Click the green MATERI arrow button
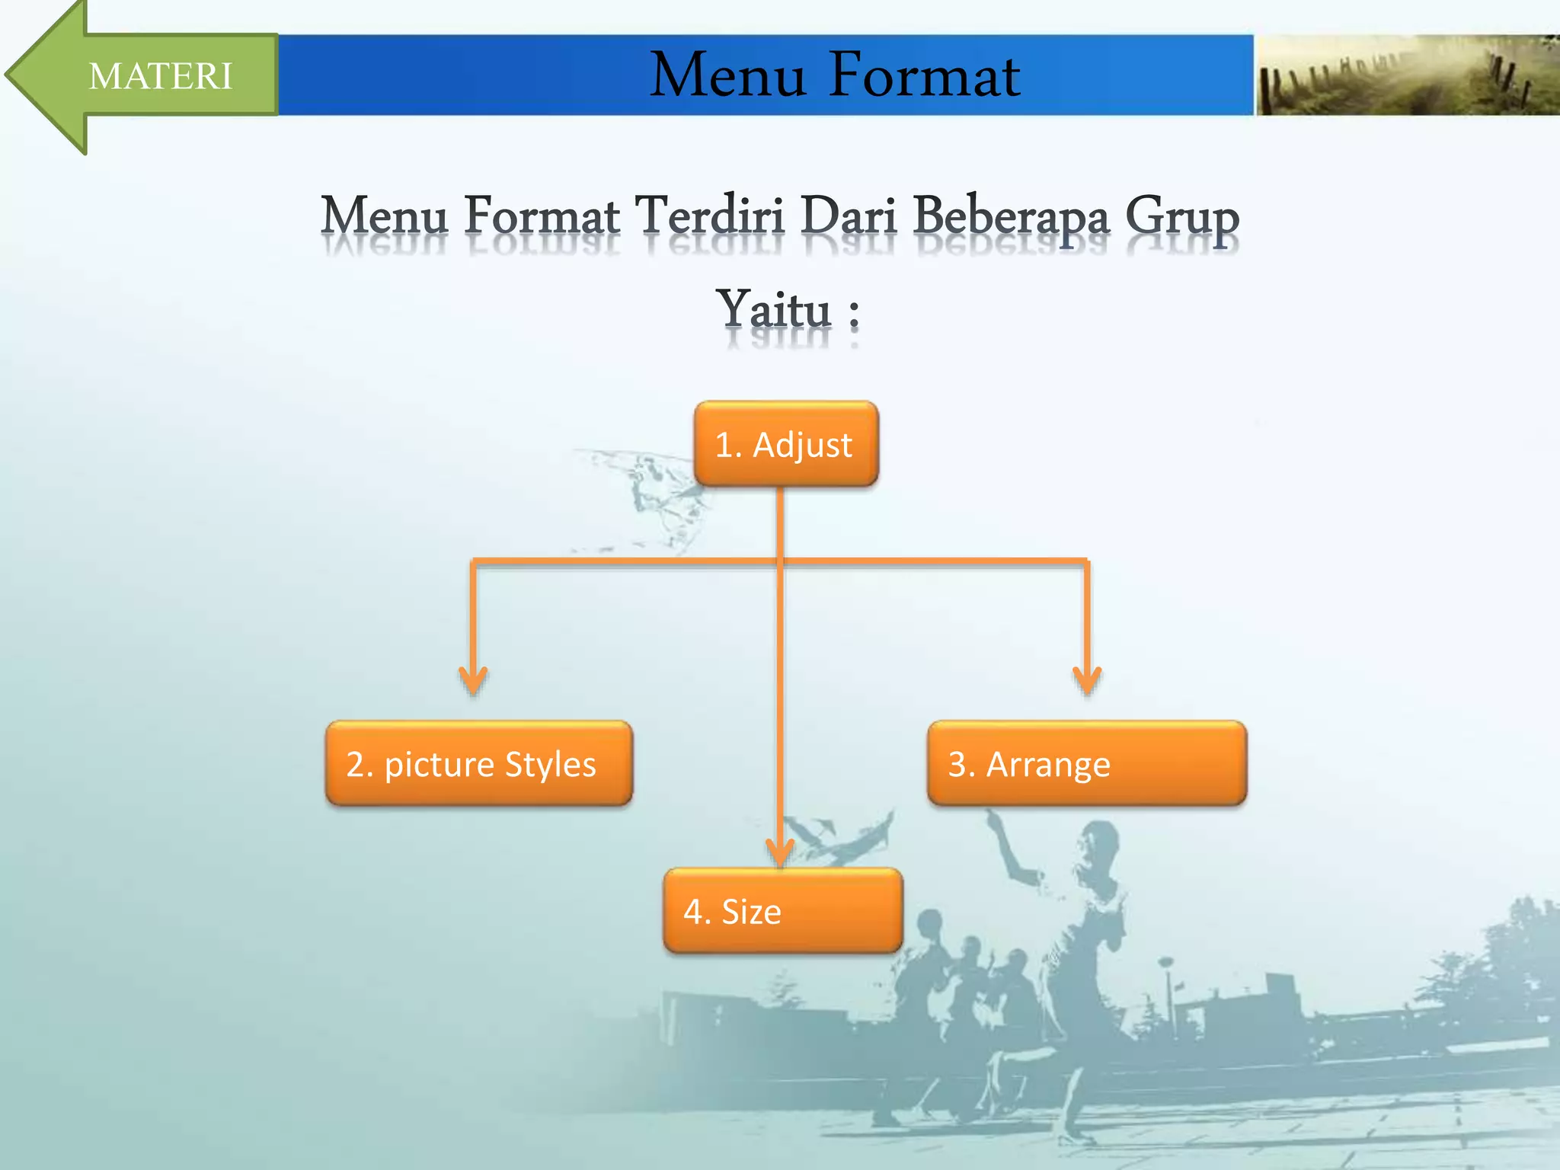pyautogui.click(x=152, y=75)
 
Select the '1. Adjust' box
pyautogui.click(x=785, y=444)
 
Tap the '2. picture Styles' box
pyautogui.click(x=478, y=763)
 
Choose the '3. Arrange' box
pyautogui.click(x=1086, y=763)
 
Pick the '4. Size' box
pyautogui.click(x=782, y=911)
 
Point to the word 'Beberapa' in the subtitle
pyautogui.click(x=1011, y=217)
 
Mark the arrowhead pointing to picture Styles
pyautogui.click(x=473, y=679)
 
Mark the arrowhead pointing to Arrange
pyautogui.click(x=1087, y=679)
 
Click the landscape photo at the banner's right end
pyautogui.click(x=1406, y=75)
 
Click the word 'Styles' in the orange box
pyautogui.click(x=550, y=764)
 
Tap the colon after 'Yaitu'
pyautogui.click(x=854, y=313)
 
